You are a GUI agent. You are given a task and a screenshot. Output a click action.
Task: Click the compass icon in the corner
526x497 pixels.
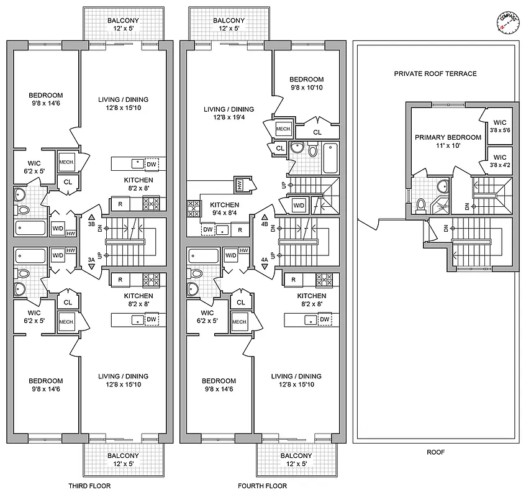tap(506, 22)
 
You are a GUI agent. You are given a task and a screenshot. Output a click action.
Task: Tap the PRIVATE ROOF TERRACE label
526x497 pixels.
tap(435, 73)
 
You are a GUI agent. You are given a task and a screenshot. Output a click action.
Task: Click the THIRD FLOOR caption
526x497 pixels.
tap(89, 486)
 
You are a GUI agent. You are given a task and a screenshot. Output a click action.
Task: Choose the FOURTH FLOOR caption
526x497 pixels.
tap(263, 486)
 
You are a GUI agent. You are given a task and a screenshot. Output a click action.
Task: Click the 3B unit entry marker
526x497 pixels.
tap(92, 222)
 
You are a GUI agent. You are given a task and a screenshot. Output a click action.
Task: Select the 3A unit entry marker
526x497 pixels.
tap(92, 262)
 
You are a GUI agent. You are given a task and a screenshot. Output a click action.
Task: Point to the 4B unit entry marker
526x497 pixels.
tap(265, 222)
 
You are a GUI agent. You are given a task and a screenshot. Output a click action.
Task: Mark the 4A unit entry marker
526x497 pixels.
tap(265, 262)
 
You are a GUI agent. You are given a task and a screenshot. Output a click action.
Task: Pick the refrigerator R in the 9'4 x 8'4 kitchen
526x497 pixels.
tap(240, 229)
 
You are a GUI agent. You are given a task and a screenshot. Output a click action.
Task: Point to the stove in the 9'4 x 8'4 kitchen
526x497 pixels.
tap(192, 207)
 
